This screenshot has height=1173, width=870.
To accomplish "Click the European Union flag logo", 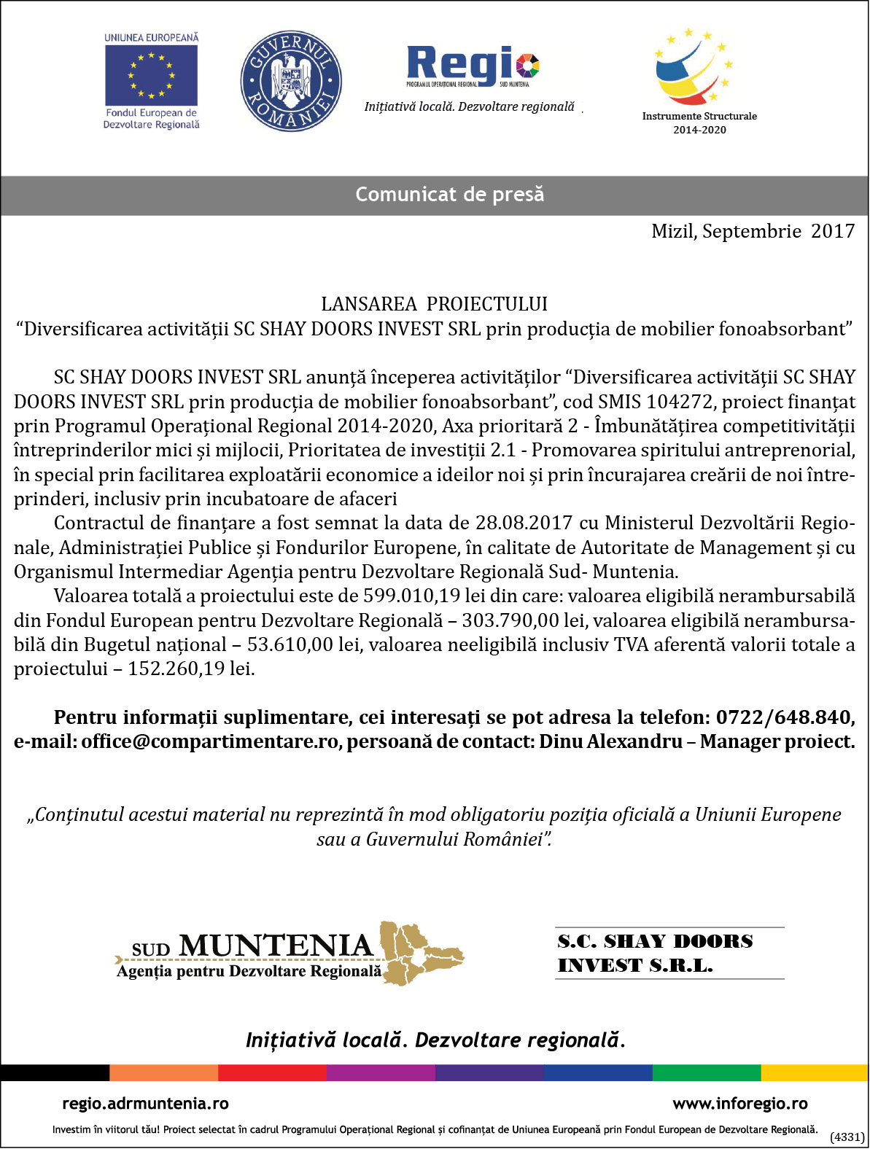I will pyautogui.click(x=151, y=75).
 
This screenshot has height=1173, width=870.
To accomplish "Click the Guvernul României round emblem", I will pyautogui.click(x=291, y=81).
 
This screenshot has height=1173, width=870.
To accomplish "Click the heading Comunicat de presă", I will pyautogui.click(x=449, y=195).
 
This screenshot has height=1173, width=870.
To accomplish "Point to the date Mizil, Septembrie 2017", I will pyautogui.click(x=753, y=231).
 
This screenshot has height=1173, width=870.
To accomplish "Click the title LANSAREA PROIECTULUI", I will pyautogui.click(x=434, y=304).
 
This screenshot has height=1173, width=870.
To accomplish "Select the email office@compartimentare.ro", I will pyautogui.click(x=210, y=742).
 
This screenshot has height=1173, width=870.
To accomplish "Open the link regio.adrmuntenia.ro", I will pyautogui.click(x=145, y=1104).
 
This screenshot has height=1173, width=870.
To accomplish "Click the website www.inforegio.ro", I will pyautogui.click(x=739, y=1104).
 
